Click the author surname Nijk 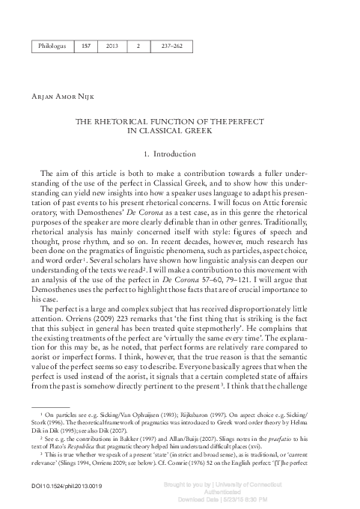click(x=92, y=95)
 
